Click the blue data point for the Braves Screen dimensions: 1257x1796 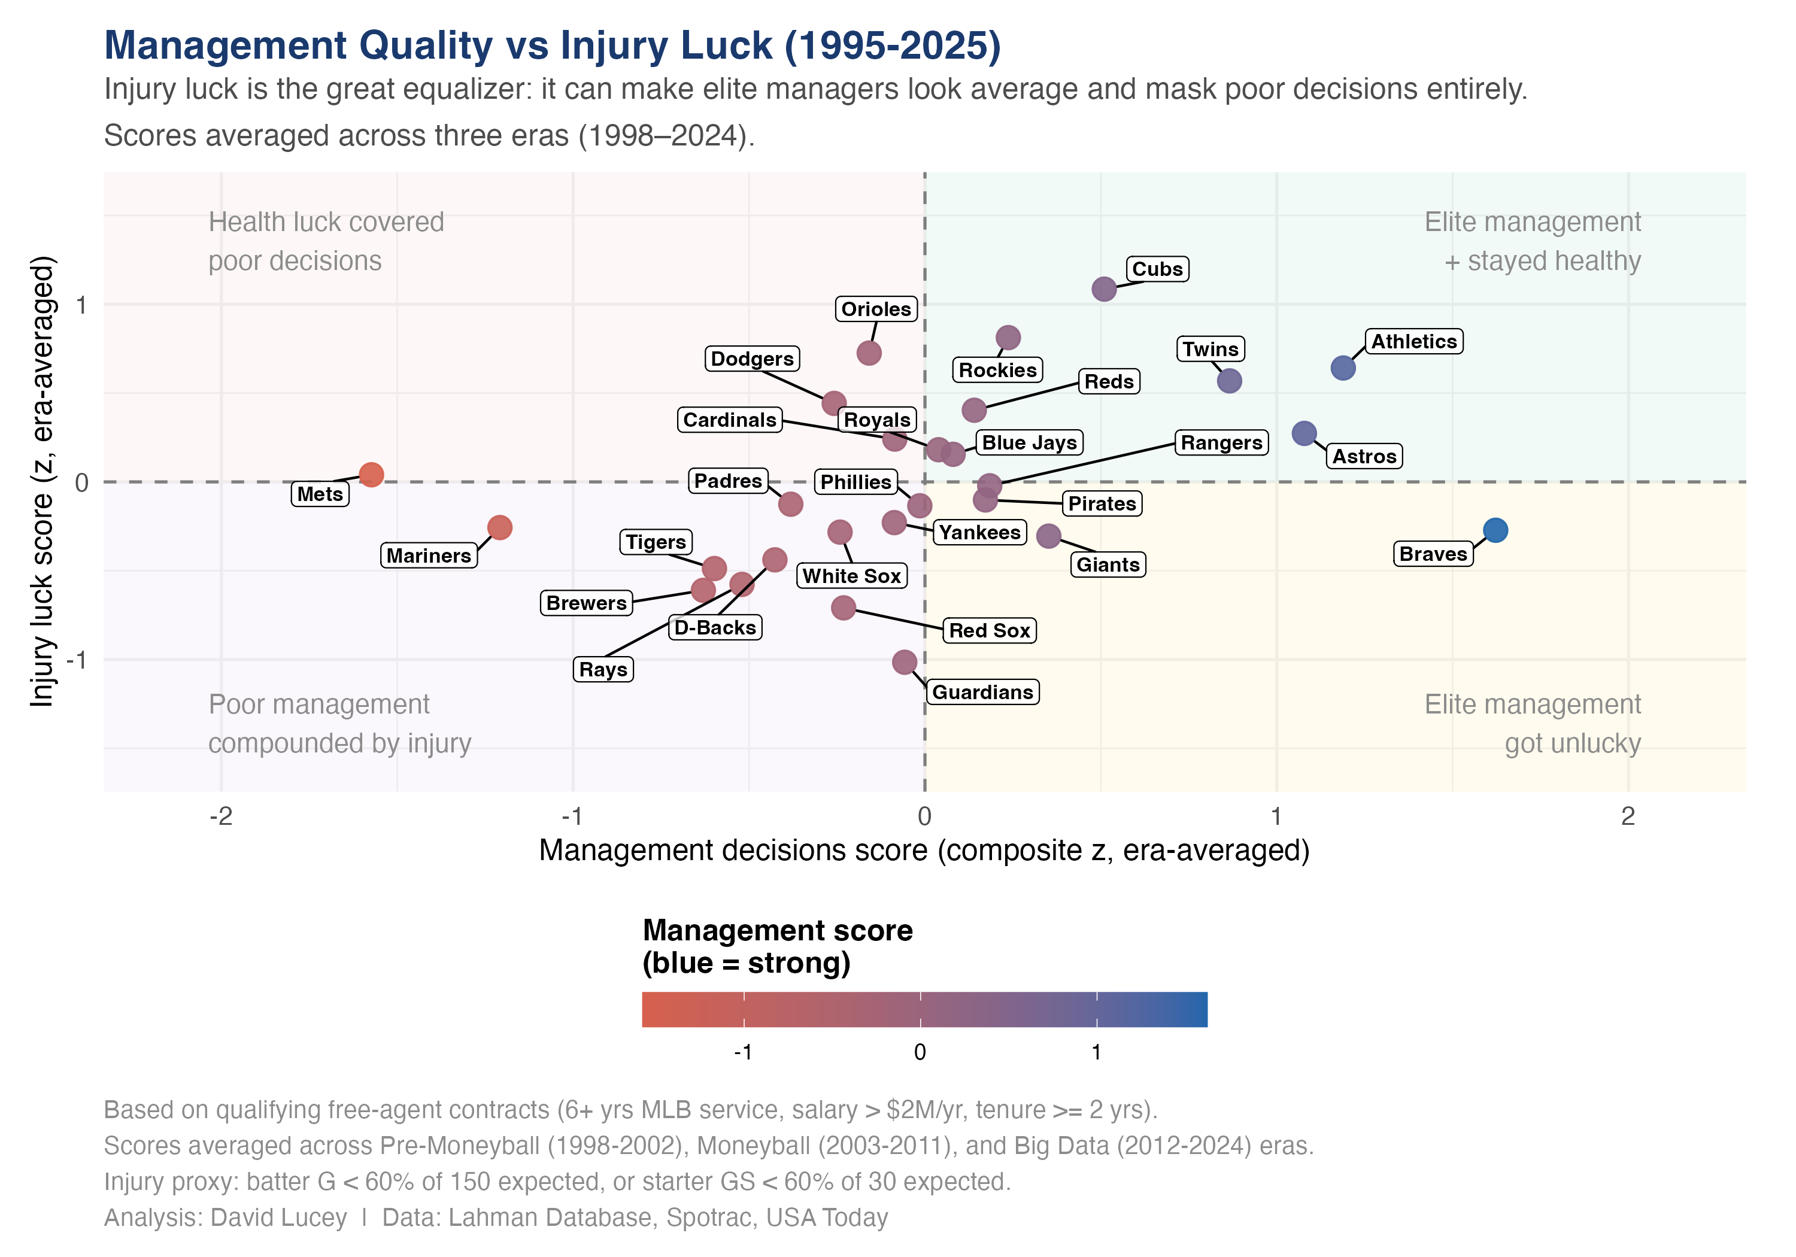pos(1494,530)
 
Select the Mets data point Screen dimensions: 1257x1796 pos(371,475)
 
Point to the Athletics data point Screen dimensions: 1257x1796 pos(1342,368)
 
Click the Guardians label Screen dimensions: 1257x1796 pos(982,693)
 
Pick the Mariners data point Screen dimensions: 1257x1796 pos(500,527)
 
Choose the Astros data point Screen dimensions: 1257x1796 pos(1303,433)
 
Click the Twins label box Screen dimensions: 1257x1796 pos(1209,349)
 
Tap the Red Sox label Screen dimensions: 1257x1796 pos(989,630)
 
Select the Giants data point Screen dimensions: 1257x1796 pos(1048,536)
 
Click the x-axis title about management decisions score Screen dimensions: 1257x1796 pos(924,850)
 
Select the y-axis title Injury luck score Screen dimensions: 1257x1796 pos(43,481)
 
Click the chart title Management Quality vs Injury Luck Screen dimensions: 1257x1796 pos(552,45)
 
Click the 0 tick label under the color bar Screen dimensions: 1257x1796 pos(920,1052)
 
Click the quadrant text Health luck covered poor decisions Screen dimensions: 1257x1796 pos(326,241)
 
